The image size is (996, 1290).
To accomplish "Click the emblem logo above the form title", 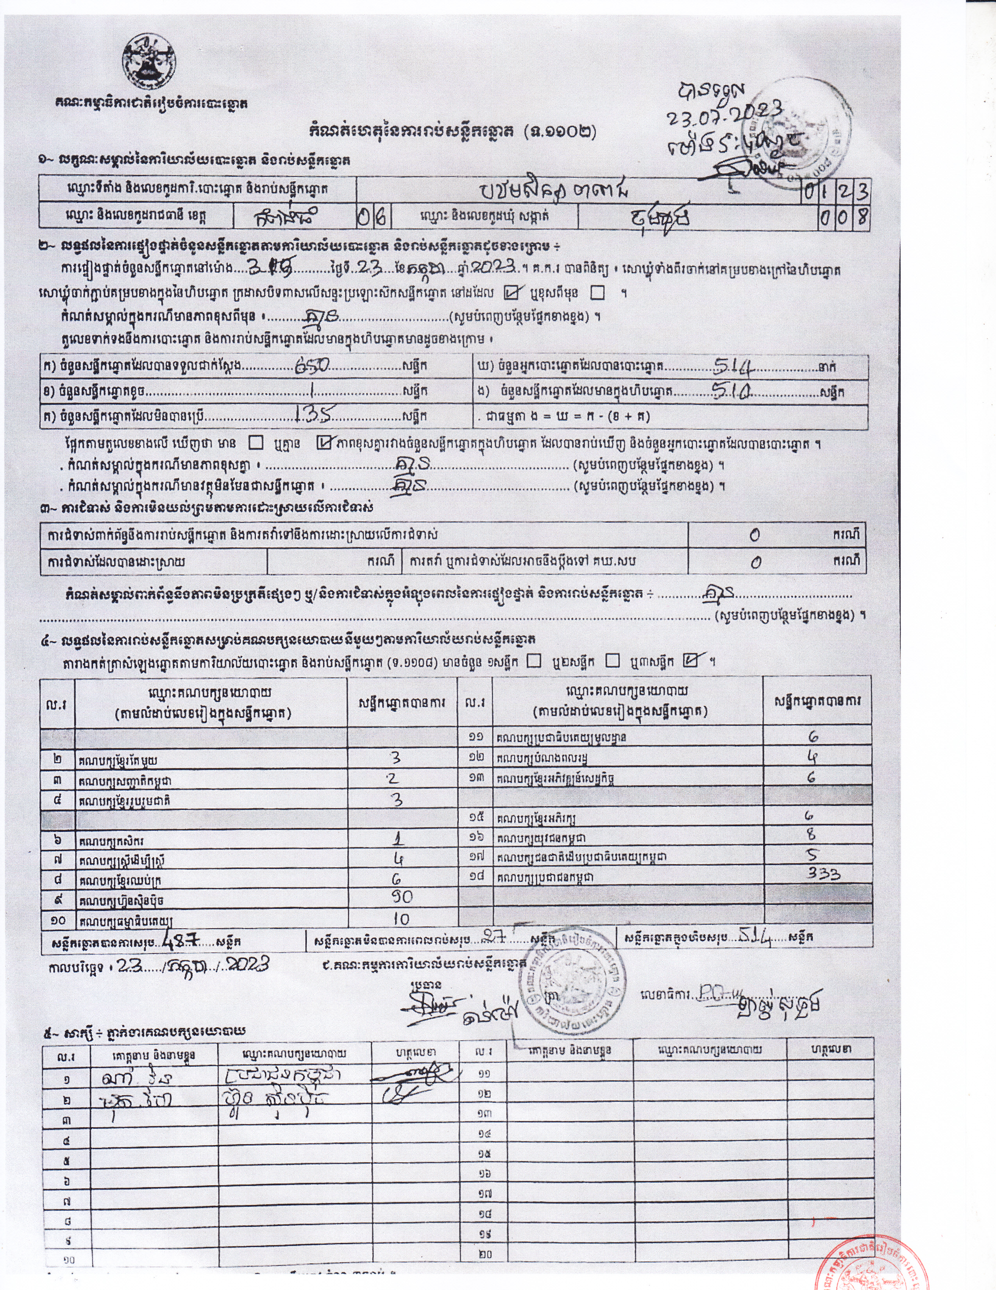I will (149, 61).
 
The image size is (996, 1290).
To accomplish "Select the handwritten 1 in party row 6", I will (399, 840).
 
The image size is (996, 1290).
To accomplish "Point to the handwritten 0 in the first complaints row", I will (755, 535).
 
